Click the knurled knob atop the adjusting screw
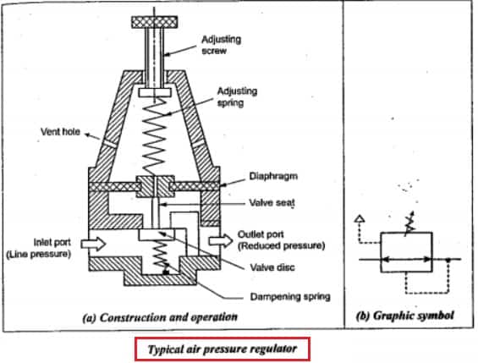click(x=155, y=22)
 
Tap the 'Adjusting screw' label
click(x=222, y=45)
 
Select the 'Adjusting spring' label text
click(x=237, y=96)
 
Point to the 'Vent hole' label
click(x=60, y=132)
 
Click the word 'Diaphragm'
click(x=273, y=176)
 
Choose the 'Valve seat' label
click(x=272, y=203)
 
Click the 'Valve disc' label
click(x=272, y=267)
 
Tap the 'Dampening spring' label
click(x=290, y=296)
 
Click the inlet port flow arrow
click(x=93, y=244)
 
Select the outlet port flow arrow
click(x=221, y=240)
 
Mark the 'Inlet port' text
click(x=52, y=242)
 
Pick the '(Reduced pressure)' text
click(x=281, y=245)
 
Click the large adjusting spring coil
click(x=155, y=136)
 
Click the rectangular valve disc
click(x=157, y=234)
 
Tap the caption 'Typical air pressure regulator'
click(x=223, y=349)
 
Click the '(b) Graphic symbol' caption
click(x=405, y=316)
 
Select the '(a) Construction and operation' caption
click(x=160, y=317)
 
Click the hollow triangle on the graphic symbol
click(x=360, y=218)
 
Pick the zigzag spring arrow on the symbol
click(x=409, y=223)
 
